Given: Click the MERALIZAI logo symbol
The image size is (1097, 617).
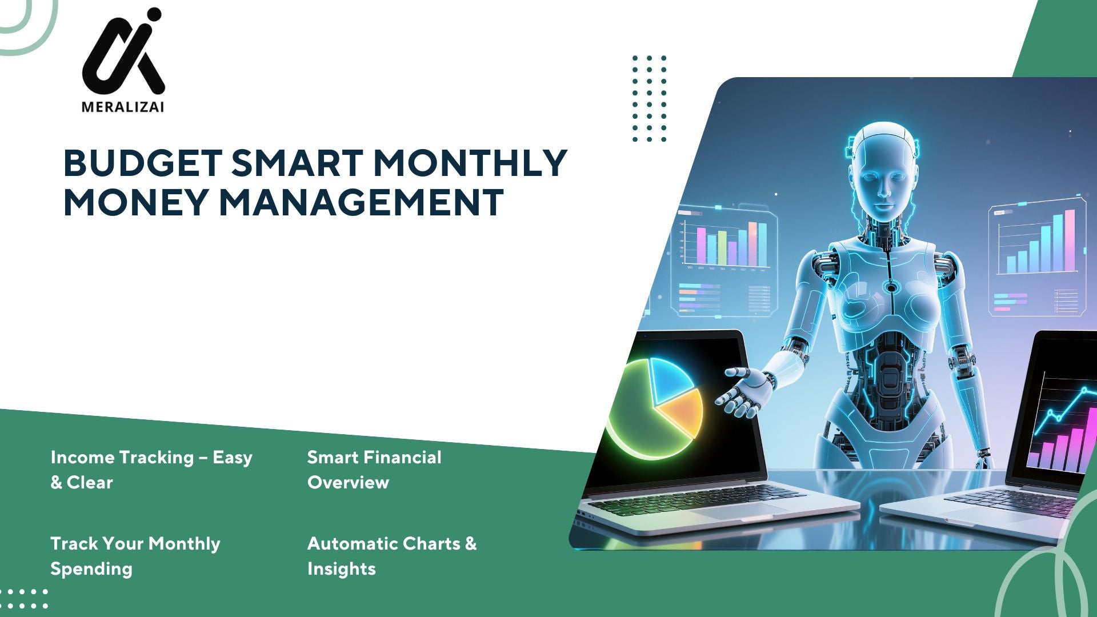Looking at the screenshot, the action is point(123,52).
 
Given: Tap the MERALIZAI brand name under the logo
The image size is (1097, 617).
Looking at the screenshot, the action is point(123,107).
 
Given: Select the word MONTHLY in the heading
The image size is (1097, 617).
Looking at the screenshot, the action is point(470,163).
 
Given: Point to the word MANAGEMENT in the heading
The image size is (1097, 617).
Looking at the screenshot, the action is point(361,202).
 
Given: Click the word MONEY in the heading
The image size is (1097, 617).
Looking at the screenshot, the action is point(136,202).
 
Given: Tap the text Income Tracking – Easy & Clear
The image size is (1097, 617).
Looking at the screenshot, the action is point(151,470).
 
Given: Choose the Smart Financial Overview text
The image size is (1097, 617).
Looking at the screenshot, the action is point(374,470).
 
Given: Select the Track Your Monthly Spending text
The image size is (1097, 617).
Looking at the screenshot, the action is point(135,556).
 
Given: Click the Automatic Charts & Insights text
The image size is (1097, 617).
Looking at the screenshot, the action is point(392,556).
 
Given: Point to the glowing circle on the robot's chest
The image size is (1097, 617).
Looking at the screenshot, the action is point(890,287).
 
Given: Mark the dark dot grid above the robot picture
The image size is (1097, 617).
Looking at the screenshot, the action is point(650,98).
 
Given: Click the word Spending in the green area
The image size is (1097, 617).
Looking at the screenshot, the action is point(91,569).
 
